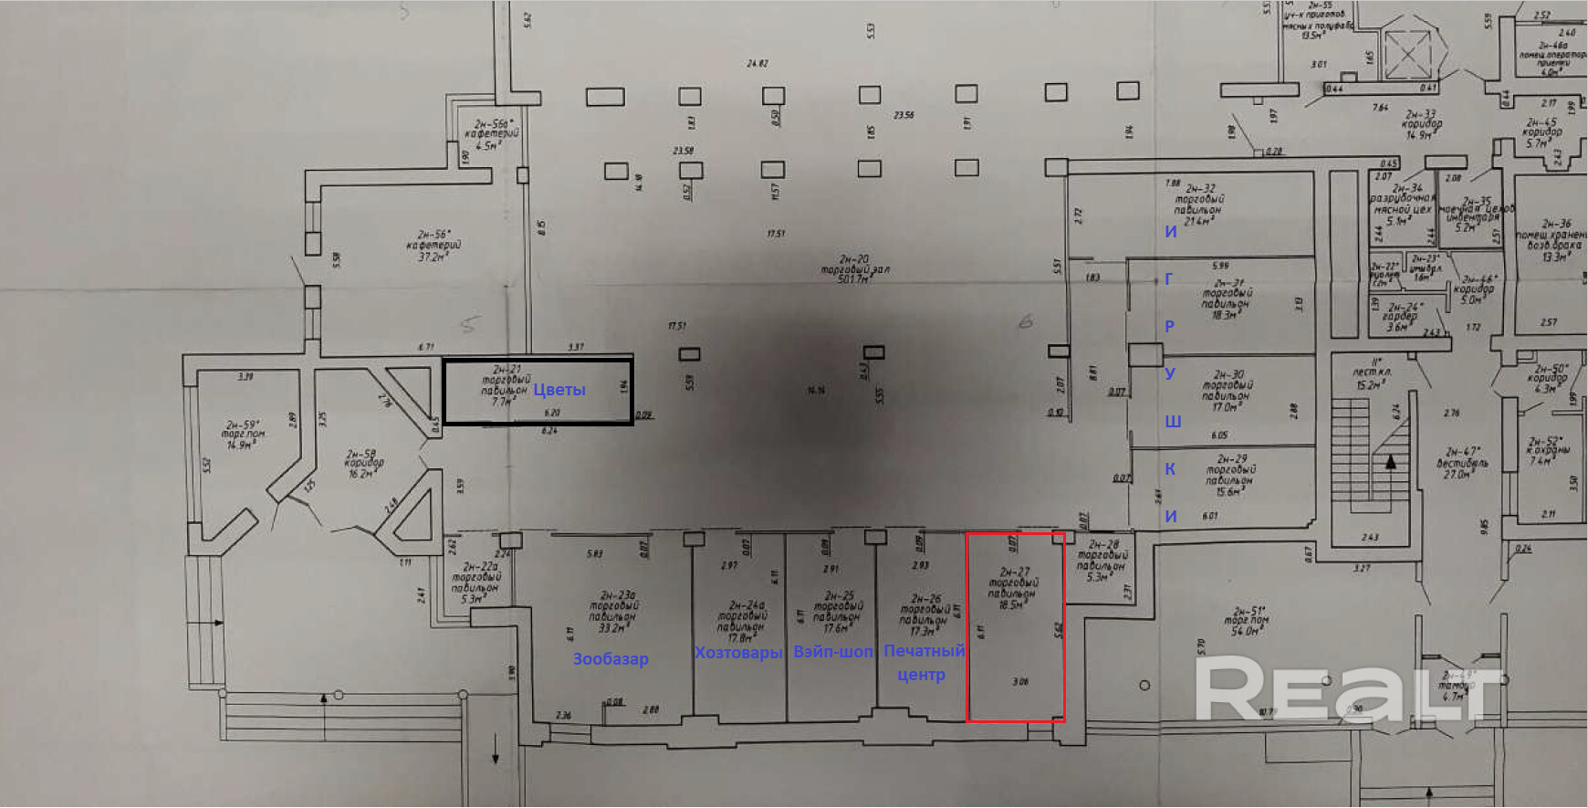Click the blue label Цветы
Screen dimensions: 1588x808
559,390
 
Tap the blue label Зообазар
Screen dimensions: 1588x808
611,658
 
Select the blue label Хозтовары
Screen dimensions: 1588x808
737,652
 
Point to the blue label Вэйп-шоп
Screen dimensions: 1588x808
832,652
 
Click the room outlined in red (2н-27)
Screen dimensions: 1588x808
1015,639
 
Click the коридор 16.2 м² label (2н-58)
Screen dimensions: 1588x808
362,463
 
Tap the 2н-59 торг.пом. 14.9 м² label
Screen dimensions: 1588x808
245,435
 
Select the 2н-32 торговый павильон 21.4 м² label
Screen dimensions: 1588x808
1198,205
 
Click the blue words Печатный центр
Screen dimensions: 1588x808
923,663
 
